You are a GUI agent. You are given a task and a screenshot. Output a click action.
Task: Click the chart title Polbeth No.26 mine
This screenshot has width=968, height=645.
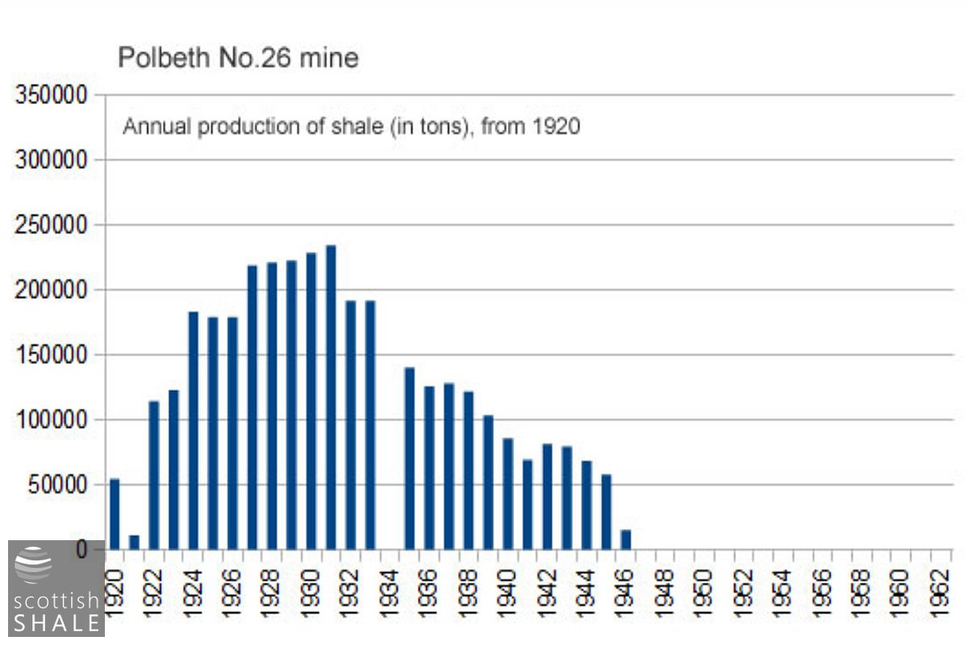(x=238, y=58)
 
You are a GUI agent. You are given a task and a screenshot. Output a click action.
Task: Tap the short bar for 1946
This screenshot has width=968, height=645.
(x=626, y=539)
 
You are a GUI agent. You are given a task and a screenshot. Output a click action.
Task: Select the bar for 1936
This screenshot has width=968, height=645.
(x=429, y=468)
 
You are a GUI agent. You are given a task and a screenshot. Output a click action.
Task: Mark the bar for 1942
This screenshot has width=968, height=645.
(x=548, y=497)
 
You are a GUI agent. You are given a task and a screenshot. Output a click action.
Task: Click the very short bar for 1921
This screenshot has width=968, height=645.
(x=134, y=542)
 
